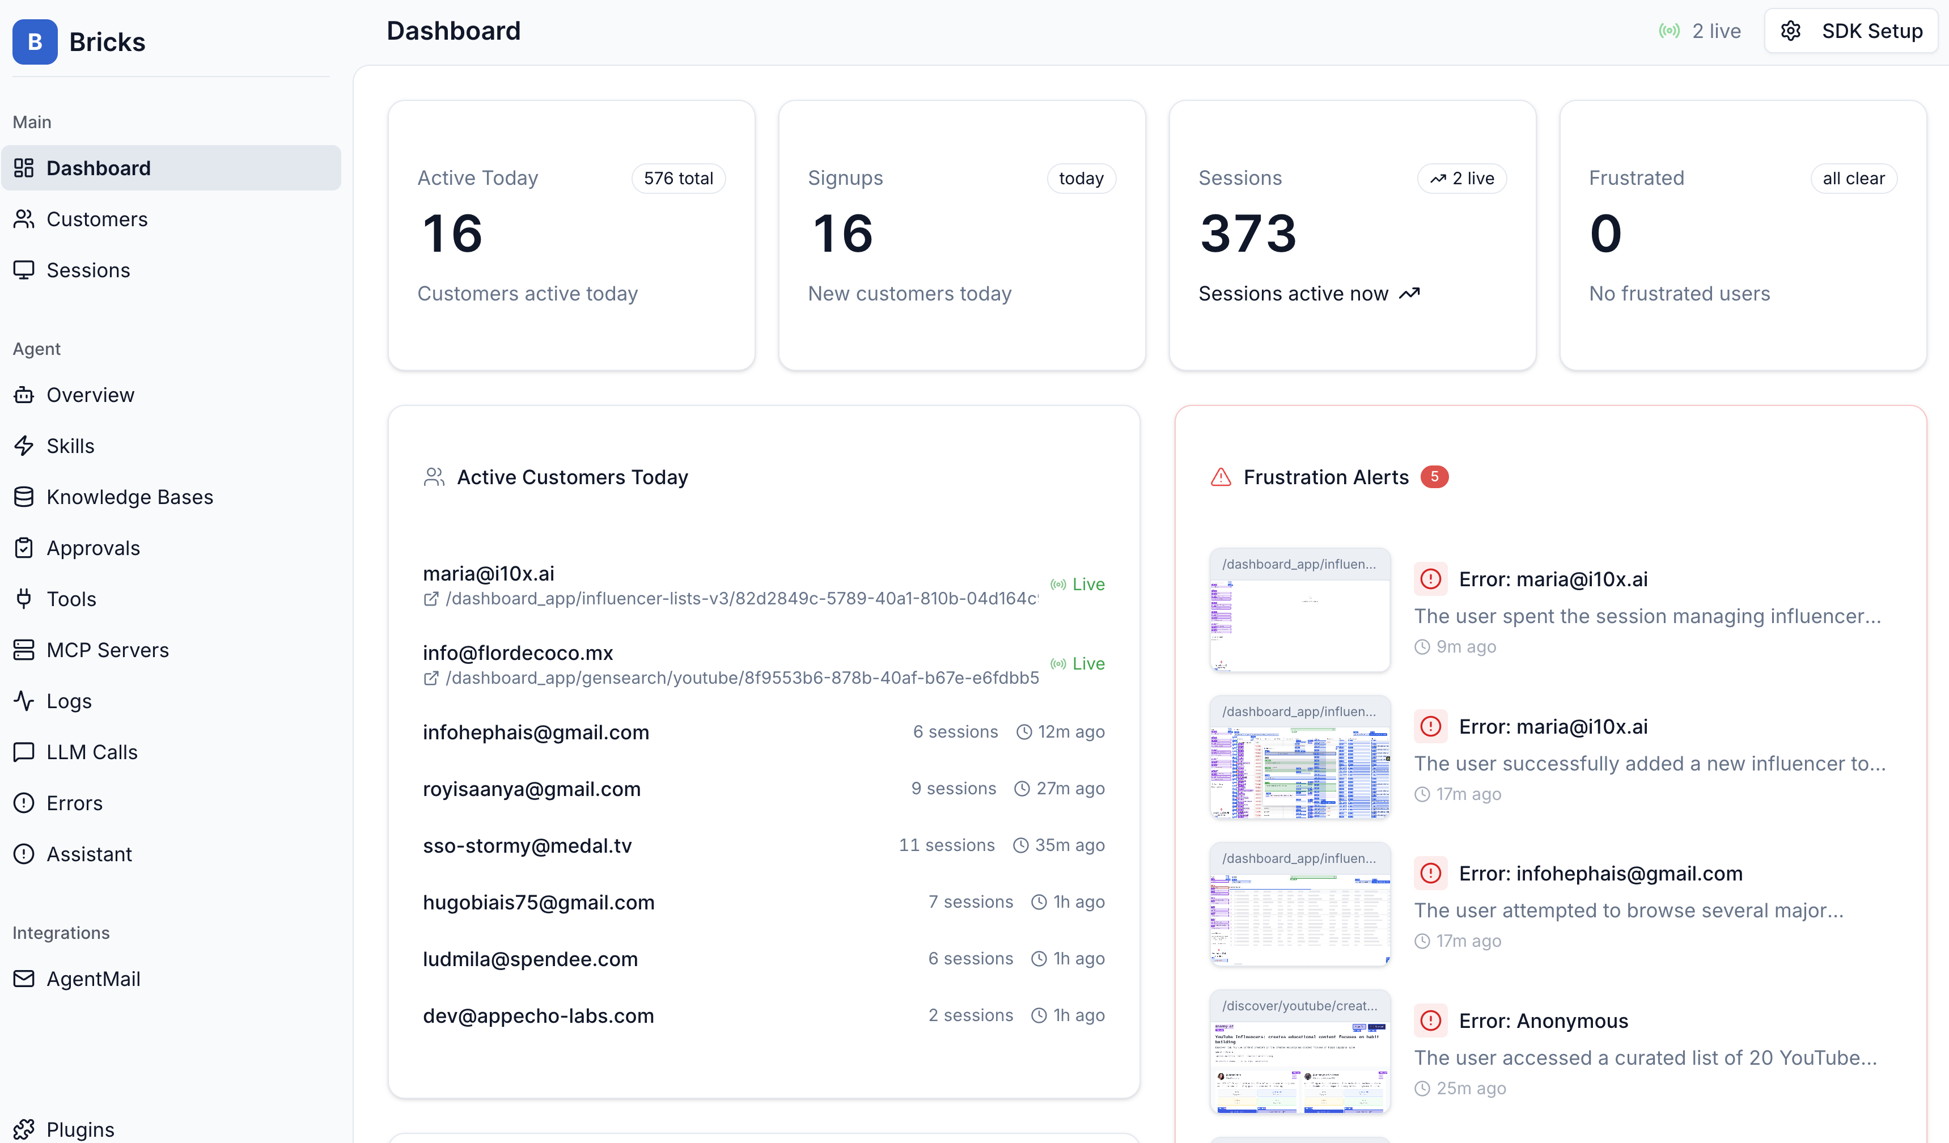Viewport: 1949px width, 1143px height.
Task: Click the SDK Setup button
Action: point(1851,31)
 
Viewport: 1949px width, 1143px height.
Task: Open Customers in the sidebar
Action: point(97,219)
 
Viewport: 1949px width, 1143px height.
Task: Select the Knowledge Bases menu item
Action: point(129,497)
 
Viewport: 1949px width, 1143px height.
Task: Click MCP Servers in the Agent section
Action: point(108,650)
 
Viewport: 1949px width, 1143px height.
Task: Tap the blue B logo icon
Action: point(35,42)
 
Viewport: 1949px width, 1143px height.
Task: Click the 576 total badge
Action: point(678,179)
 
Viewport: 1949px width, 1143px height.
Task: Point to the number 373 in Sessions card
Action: point(1248,234)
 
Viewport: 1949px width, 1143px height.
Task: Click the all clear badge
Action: point(1853,179)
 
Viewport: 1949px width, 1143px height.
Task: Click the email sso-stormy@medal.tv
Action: point(527,845)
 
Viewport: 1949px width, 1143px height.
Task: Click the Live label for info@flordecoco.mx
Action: point(1087,663)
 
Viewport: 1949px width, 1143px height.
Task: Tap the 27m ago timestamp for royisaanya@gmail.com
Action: point(1070,788)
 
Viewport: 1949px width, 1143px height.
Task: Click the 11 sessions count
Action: point(946,845)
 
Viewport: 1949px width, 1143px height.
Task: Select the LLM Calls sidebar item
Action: point(91,752)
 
